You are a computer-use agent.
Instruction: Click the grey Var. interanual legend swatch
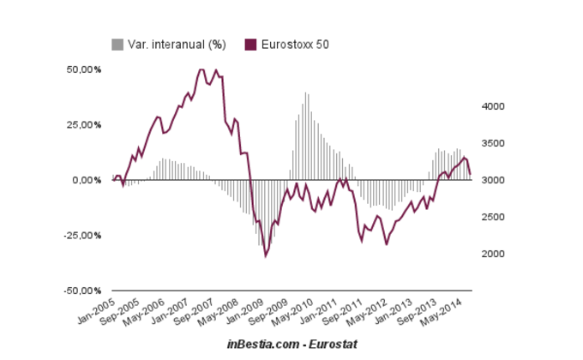coord(117,43)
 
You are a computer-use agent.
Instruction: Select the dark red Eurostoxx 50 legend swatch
coord(250,43)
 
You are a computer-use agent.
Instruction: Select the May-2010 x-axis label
coord(291,310)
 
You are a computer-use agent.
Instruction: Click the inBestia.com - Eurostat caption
coord(291,343)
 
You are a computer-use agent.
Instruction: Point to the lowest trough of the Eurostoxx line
coord(266,255)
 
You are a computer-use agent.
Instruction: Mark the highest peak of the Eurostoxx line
coord(201,69)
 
